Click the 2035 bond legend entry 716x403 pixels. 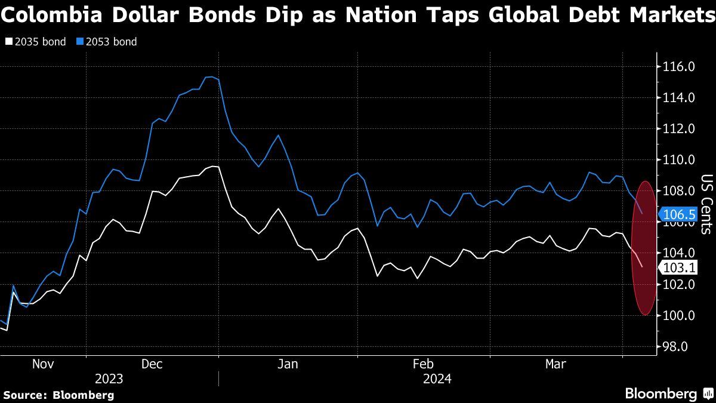coord(36,42)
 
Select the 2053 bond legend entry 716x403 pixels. coord(107,42)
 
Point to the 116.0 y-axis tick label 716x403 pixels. coord(678,67)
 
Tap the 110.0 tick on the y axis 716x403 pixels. coord(678,160)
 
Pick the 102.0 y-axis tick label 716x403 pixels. coord(678,285)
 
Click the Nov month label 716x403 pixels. coord(43,364)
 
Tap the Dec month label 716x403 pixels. coord(152,364)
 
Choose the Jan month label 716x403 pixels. coord(288,364)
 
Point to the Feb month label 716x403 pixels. coord(423,364)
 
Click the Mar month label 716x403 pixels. coord(556,364)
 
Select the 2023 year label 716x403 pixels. coord(109,379)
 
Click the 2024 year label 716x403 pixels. coord(437,379)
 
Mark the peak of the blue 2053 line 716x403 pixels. coord(209,76)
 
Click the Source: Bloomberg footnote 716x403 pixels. coord(58,395)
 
